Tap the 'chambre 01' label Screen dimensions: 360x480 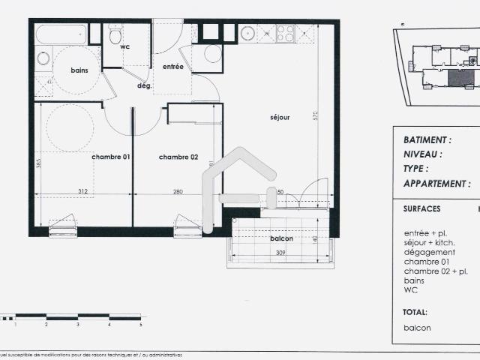111,157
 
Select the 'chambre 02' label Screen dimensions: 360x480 178,157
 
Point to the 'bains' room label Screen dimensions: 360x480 79,70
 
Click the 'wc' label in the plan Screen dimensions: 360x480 126,46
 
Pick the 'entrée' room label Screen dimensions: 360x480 173,67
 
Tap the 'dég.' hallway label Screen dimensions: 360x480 144,85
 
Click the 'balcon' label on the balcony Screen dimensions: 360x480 281,238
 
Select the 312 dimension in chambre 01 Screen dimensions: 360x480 82,192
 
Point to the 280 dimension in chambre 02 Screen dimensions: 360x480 178,192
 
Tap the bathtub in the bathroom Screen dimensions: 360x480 61,34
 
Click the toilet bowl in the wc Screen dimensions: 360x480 115,34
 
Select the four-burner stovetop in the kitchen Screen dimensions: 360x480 285,33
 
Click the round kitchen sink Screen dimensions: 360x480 247,33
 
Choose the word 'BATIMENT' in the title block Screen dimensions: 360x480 427,139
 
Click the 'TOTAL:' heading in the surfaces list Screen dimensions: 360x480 415,311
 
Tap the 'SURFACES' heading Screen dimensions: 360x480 422,209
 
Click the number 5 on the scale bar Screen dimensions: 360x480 140,325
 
